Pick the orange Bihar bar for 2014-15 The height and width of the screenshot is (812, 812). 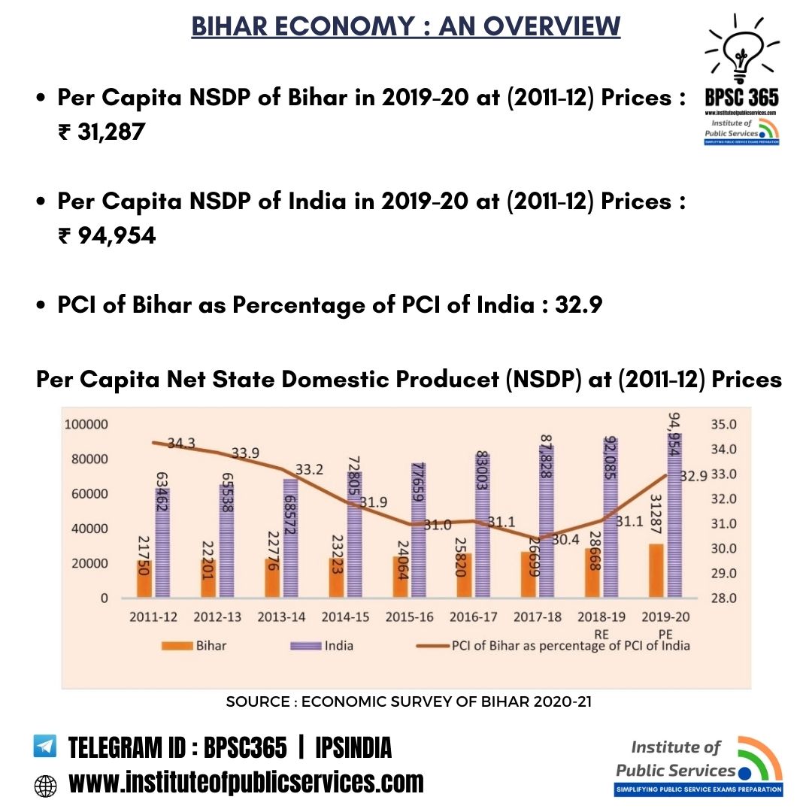coord(337,577)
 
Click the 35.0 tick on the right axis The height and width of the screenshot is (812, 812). coord(722,425)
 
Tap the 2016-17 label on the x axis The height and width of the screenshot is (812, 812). coord(474,617)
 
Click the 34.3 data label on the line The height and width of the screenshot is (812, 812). coord(181,444)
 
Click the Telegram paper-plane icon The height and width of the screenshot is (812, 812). coord(45,747)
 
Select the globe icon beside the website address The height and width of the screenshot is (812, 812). coord(45,786)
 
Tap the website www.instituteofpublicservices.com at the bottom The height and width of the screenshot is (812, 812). coord(246,783)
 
